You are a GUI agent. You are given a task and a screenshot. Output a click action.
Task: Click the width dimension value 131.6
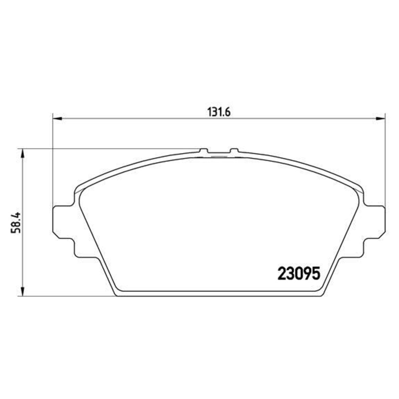(218, 112)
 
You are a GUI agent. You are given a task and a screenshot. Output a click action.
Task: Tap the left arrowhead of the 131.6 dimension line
(56, 119)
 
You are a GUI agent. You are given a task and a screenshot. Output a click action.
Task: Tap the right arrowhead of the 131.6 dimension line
(382, 119)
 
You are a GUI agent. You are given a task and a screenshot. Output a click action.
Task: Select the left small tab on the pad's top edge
(204, 151)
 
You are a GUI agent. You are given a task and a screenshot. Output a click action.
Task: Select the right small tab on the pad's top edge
(234, 151)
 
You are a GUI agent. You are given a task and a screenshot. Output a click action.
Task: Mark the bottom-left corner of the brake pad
(117, 294)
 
